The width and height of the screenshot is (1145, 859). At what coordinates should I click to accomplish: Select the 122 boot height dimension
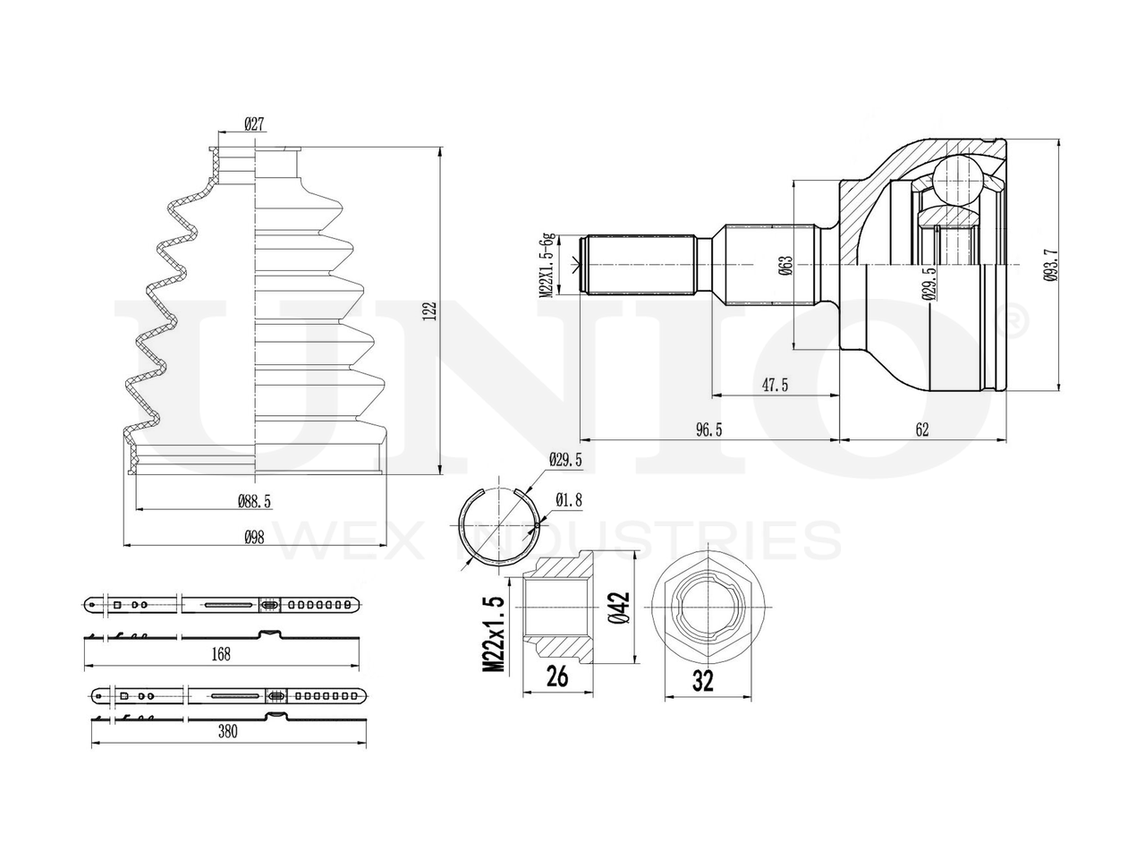tap(430, 310)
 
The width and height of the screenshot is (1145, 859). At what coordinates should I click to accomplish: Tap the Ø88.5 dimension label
tap(255, 503)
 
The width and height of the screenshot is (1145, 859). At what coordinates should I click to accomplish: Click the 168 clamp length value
tap(221, 654)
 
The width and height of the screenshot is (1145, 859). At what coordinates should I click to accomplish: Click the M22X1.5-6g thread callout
tap(546, 264)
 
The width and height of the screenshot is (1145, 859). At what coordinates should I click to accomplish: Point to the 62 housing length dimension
tap(922, 430)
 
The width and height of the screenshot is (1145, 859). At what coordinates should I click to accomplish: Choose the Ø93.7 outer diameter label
tap(1050, 266)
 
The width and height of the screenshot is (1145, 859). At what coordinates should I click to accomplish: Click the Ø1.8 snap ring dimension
tap(569, 500)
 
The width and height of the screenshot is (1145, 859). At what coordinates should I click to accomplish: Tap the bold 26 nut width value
tap(556, 677)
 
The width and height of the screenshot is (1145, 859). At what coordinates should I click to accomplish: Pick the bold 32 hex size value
tap(704, 682)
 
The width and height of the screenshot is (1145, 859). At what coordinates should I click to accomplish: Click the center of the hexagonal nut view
tap(703, 608)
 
